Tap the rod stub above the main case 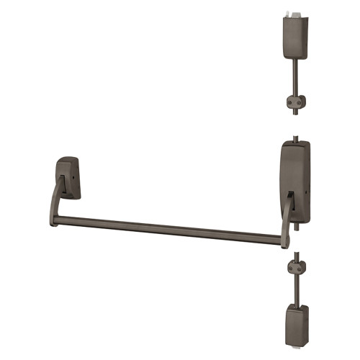pos(297,136)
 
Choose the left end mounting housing pos(69,176)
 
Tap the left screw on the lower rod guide pos(289,268)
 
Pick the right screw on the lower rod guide pos(300,268)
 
